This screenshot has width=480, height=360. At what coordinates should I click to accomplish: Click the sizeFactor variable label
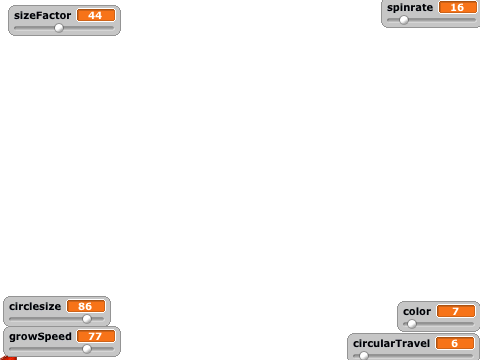(x=42, y=15)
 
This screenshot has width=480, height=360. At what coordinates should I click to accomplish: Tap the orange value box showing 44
(x=96, y=15)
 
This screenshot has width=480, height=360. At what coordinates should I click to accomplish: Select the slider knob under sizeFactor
(x=59, y=28)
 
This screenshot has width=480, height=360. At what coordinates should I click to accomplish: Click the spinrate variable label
(x=410, y=7)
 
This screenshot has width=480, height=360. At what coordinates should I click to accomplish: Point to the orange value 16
(x=458, y=7)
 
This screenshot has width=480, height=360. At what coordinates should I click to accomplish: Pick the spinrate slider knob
(x=404, y=20)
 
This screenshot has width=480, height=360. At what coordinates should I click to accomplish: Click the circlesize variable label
(x=35, y=306)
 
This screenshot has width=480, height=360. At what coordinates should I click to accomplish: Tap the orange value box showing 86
(x=86, y=306)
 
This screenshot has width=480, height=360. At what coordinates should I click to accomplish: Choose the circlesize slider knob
(x=87, y=319)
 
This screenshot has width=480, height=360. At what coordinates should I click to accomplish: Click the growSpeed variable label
(x=40, y=337)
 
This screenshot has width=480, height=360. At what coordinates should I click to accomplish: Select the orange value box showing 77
(x=96, y=336)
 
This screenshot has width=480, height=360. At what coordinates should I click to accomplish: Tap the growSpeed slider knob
(x=87, y=349)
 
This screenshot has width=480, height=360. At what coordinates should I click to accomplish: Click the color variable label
(x=417, y=311)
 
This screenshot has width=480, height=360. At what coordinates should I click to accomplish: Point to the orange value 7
(x=456, y=311)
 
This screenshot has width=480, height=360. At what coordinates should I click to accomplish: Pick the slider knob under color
(x=412, y=324)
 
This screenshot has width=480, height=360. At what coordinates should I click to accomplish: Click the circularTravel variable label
(x=391, y=343)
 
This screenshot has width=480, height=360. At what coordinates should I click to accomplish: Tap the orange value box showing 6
(x=455, y=343)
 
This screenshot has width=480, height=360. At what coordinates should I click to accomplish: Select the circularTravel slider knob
(x=364, y=356)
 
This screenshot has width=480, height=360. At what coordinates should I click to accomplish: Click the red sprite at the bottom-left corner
(x=8, y=358)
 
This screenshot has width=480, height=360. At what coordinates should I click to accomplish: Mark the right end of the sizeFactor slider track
(x=114, y=28)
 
